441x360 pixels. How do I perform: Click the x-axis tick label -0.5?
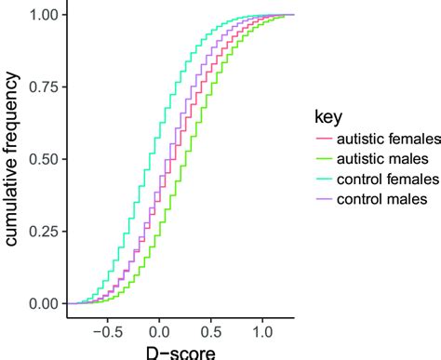pyautogui.click(x=106, y=327)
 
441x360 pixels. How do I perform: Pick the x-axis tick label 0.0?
pyautogui.click(x=159, y=327)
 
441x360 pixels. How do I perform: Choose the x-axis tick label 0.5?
pyautogui.click(x=211, y=327)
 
